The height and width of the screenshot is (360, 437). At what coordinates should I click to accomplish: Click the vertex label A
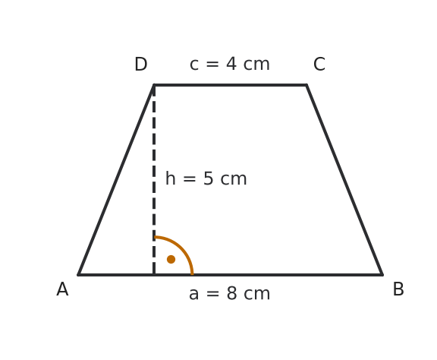pyautogui.click(x=62, y=289)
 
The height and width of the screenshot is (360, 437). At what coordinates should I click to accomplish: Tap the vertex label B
pyautogui.click(x=398, y=289)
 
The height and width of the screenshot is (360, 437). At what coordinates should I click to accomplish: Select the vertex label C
pyautogui.click(x=319, y=65)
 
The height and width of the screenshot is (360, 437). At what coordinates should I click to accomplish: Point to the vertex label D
pyautogui.click(x=141, y=65)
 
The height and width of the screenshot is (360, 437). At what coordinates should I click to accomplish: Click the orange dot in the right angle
pyautogui.click(x=171, y=259)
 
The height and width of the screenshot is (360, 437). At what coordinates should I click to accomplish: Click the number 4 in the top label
pyautogui.click(x=231, y=64)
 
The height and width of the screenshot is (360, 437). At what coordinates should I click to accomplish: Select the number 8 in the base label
pyautogui.click(x=232, y=293)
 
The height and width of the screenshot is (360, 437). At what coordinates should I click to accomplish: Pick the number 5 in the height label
pyautogui.click(x=208, y=178)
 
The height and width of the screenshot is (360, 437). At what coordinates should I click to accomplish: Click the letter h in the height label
pyautogui.click(x=170, y=178)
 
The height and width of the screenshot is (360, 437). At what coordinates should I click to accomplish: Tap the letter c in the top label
pyautogui.click(x=194, y=65)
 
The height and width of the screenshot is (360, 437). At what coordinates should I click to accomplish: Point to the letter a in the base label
pyautogui.click(x=193, y=295)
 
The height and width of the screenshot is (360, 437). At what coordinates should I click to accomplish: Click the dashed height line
pyautogui.click(x=154, y=180)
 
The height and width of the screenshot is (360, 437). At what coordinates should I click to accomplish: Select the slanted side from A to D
pyautogui.click(x=116, y=180)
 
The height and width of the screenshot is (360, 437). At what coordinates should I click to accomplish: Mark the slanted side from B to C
pyautogui.click(x=344, y=180)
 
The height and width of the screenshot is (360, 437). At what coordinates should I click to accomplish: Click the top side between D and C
pyautogui.click(x=230, y=85)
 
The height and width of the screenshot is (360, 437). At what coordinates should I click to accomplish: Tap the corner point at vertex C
pyautogui.click(x=307, y=85)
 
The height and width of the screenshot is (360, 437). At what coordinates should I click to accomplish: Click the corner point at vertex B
pyautogui.click(x=382, y=275)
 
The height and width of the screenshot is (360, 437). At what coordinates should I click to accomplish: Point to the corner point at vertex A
pyautogui.click(x=79, y=275)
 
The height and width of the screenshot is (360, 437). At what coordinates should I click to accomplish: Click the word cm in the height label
pyautogui.click(x=234, y=179)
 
